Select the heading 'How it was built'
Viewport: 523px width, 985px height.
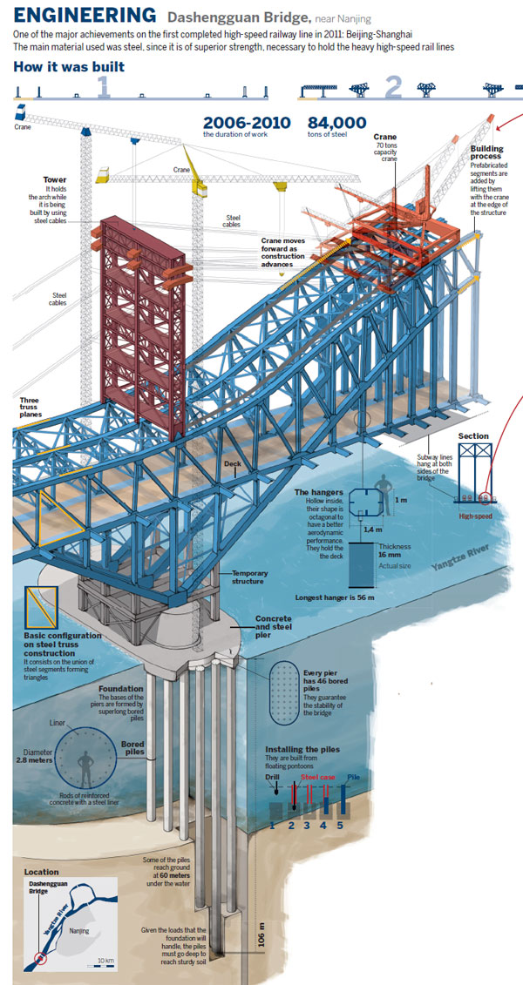(70, 66)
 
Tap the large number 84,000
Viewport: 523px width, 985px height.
(337, 124)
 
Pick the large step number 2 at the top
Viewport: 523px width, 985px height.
(394, 87)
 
